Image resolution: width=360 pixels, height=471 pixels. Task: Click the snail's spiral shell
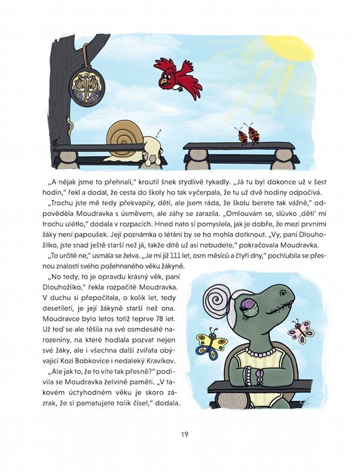(125, 137)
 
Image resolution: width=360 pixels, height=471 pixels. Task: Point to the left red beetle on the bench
(241, 135)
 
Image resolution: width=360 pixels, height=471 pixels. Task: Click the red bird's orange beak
(163, 84)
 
